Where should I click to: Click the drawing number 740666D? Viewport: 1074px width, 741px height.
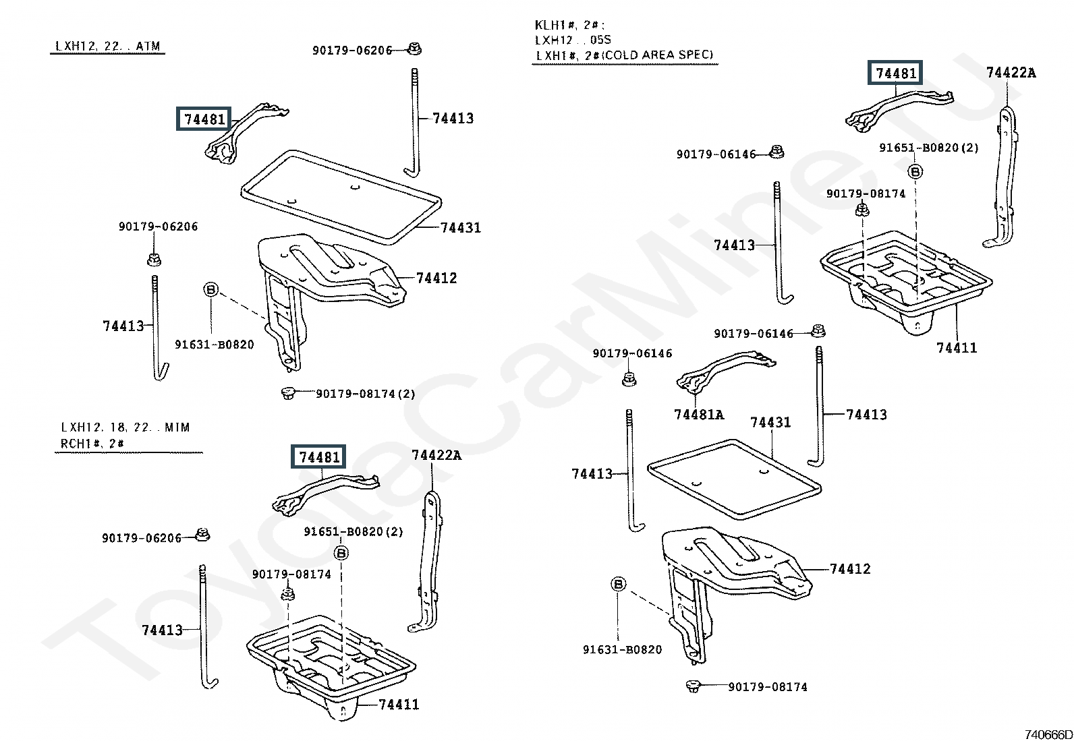point(1048,734)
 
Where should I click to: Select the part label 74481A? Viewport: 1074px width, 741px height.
point(699,414)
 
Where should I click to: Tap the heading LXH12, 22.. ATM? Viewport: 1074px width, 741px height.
point(108,46)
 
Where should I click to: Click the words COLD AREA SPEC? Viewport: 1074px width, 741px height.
point(657,55)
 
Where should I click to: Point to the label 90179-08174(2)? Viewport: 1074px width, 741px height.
point(366,394)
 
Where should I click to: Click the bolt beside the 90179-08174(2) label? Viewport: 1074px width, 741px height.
point(287,393)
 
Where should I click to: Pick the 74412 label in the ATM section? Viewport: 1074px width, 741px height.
point(436,278)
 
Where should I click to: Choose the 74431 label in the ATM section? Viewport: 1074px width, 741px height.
point(460,228)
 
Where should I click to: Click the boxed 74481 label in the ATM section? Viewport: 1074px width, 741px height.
point(204,119)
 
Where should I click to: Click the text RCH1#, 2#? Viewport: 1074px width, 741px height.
point(92,444)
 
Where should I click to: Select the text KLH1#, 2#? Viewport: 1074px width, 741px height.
point(569,25)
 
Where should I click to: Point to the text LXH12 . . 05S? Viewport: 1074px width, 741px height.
point(573,40)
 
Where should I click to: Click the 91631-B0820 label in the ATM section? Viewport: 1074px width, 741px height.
point(215,344)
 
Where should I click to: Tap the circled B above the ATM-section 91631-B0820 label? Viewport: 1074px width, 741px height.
point(211,289)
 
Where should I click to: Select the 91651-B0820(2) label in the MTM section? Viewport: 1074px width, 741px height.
point(354,531)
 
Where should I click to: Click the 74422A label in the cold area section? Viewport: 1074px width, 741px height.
point(1011,73)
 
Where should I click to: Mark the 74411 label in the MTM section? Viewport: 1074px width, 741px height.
point(399,704)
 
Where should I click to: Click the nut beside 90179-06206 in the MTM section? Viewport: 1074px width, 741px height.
point(203,535)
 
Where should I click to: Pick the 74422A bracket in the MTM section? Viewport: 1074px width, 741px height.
point(426,561)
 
